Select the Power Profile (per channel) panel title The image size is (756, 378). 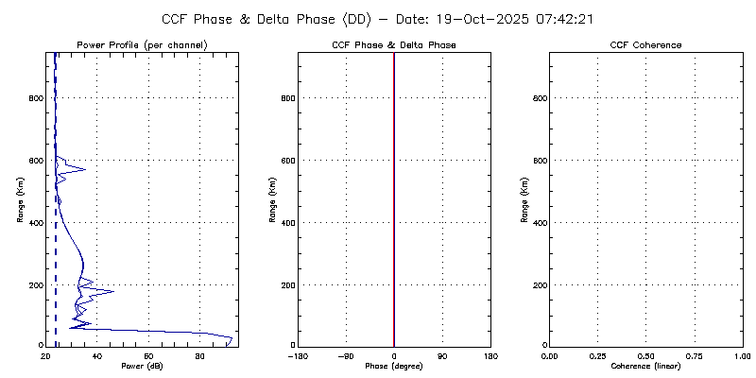141,45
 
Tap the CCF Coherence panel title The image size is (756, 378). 645,45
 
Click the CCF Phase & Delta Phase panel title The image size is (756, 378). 394,45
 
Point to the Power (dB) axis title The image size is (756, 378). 141,366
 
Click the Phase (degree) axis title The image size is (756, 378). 394,366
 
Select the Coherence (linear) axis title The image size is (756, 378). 645,366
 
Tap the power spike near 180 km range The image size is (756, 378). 112,291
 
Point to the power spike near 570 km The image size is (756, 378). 85,169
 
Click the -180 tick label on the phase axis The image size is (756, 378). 299,356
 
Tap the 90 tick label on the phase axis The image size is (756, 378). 442,356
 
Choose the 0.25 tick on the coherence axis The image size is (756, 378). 597,356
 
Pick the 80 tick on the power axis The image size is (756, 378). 199,356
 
